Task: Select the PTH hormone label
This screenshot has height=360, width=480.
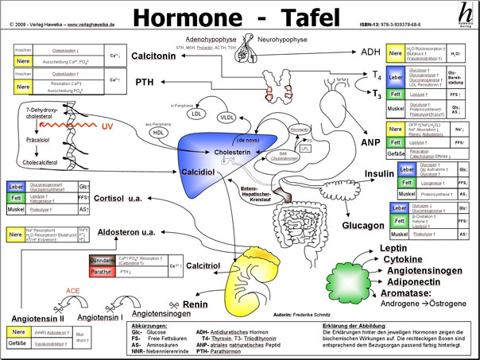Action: (x=145, y=82)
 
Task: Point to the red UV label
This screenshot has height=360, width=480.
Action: (x=109, y=128)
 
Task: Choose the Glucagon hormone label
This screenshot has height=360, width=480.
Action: (x=364, y=226)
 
